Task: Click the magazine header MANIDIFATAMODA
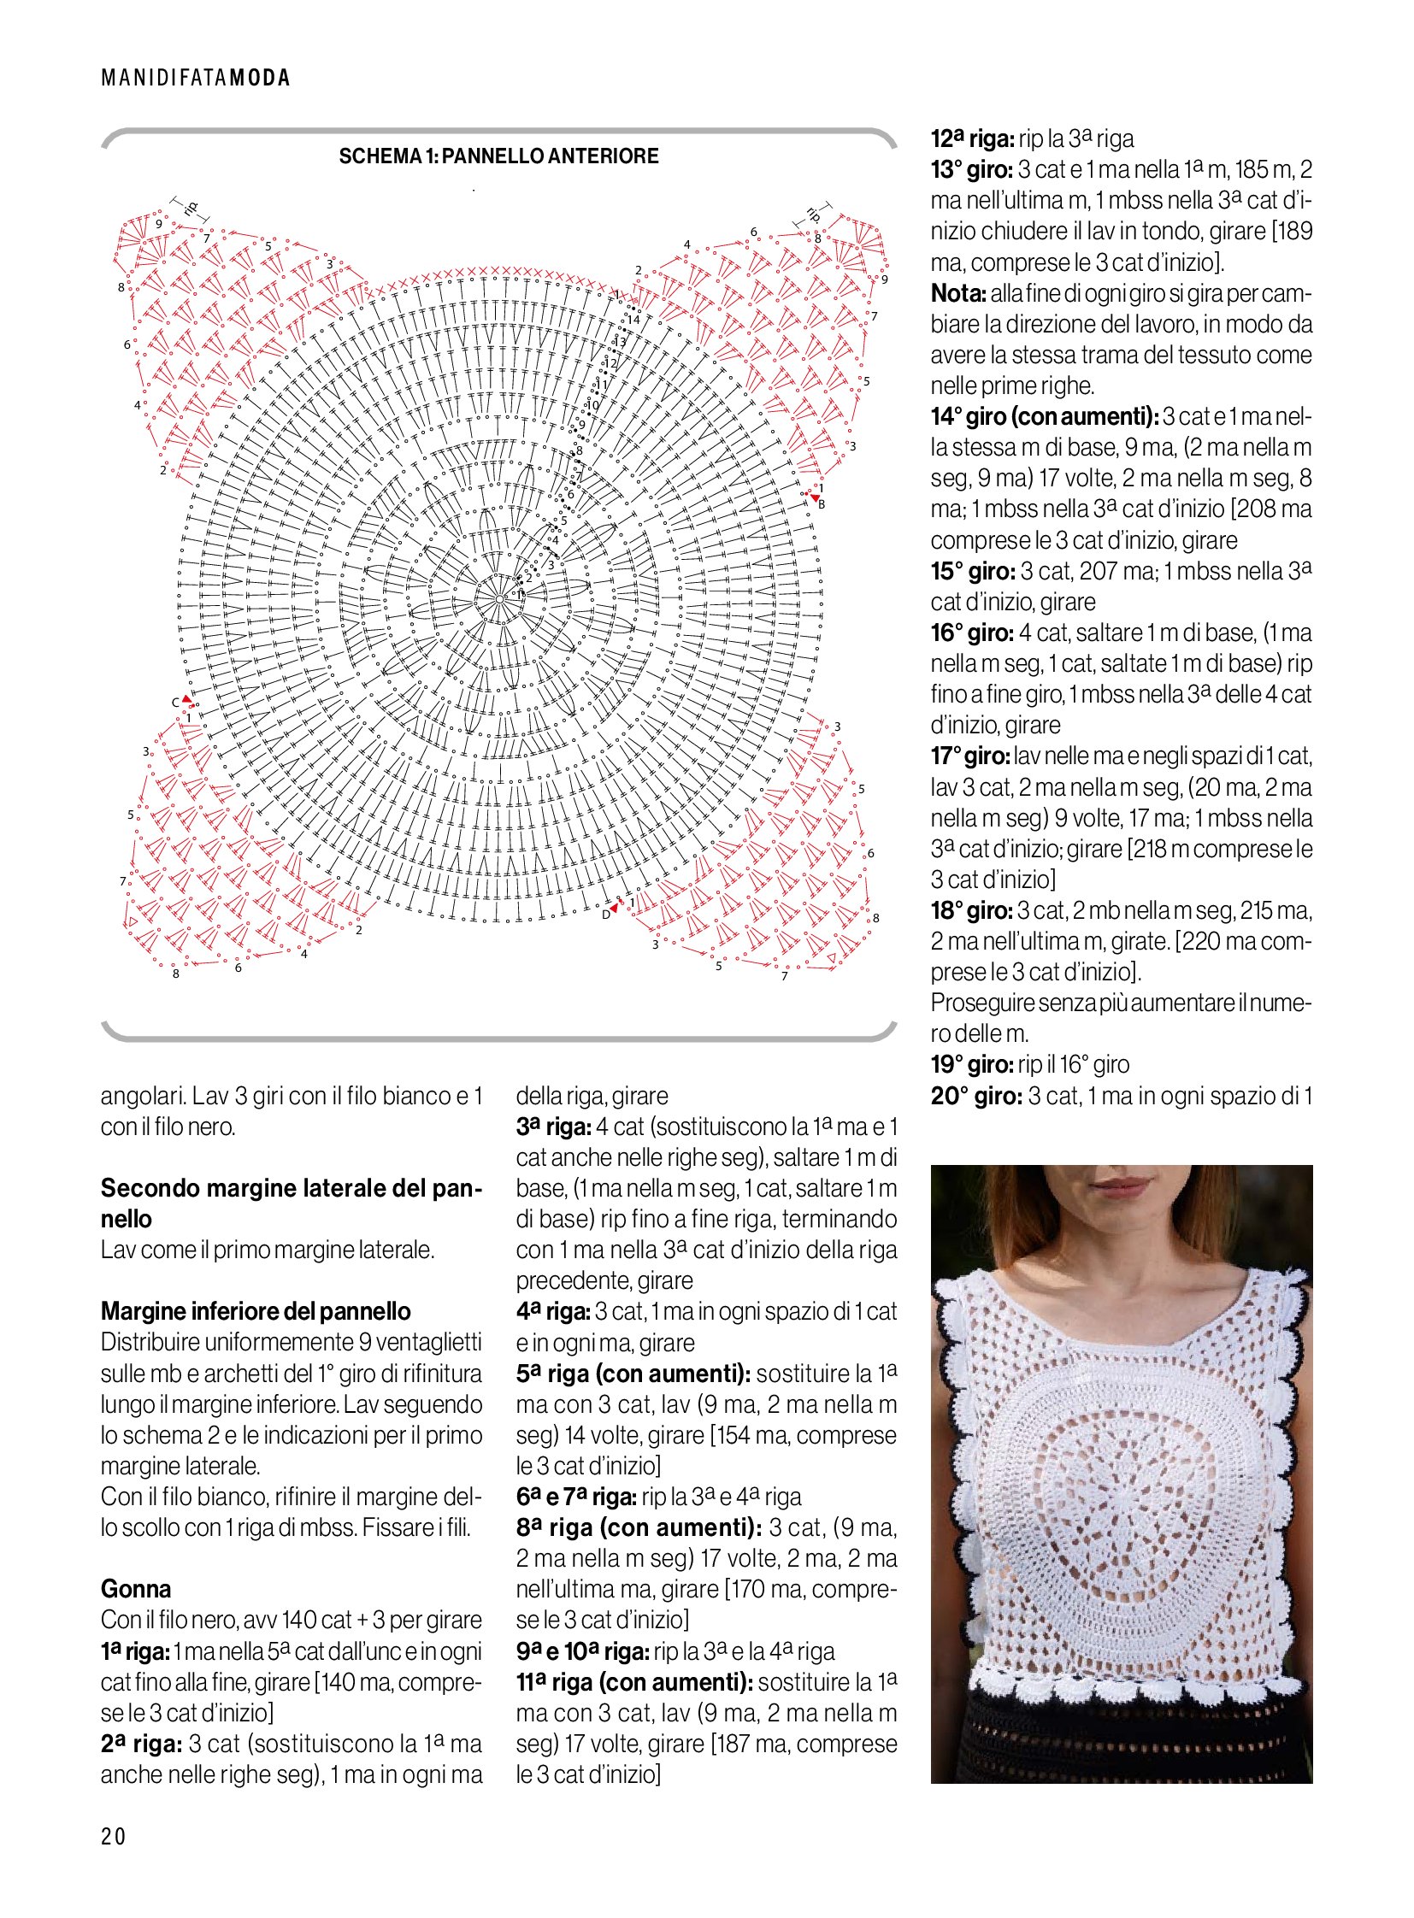[x=195, y=78]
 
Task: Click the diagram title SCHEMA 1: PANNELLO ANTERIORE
[x=498, y=156]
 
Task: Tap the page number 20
[x=113, y=1836]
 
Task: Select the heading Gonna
[x=135, y=1589]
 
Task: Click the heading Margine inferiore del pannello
[x=255, y=1311]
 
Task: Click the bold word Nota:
[x=958, y=293]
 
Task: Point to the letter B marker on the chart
[x=822, y=504]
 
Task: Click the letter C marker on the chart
[x=175, y=703]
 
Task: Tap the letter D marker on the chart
[x=605, y=915]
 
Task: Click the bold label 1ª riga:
[x=135, y=1652]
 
